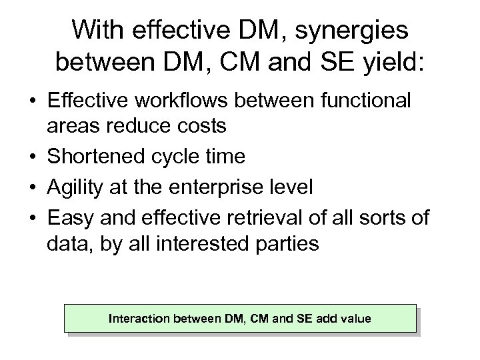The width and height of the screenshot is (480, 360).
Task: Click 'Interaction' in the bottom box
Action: (139, 319)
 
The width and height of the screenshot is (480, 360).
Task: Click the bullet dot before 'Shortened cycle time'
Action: (32, 157)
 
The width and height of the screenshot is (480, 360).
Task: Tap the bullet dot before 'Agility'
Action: (32, 187)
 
